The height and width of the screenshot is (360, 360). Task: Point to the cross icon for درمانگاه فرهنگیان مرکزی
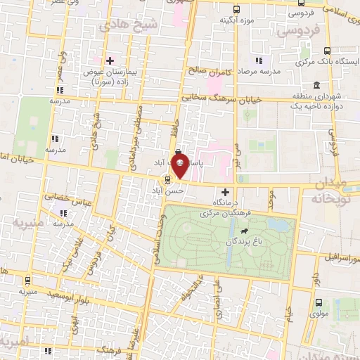point(225,191)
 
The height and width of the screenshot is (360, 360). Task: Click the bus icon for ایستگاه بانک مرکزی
point(327,51)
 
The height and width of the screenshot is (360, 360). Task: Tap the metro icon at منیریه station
point(27,279)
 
